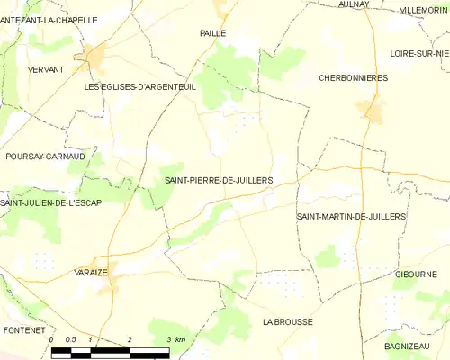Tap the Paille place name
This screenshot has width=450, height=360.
(212, 32)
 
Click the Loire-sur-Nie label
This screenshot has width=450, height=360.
(419, 53)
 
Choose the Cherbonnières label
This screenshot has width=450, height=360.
(354, 78)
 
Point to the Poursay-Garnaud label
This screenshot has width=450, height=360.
(45, 156)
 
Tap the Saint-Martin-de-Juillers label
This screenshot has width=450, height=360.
(351, 217)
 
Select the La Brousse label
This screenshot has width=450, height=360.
(287, 321)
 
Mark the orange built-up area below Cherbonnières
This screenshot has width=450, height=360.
(371, 110)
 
